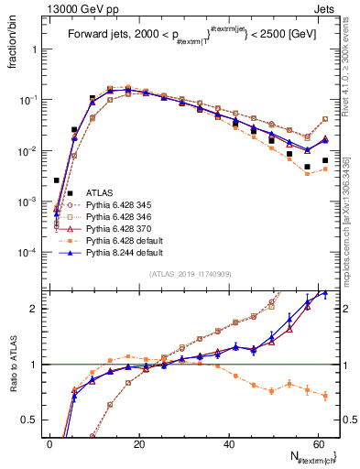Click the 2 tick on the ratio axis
[x=36, y=309]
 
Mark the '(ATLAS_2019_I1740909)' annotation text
[x=189, y=275]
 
